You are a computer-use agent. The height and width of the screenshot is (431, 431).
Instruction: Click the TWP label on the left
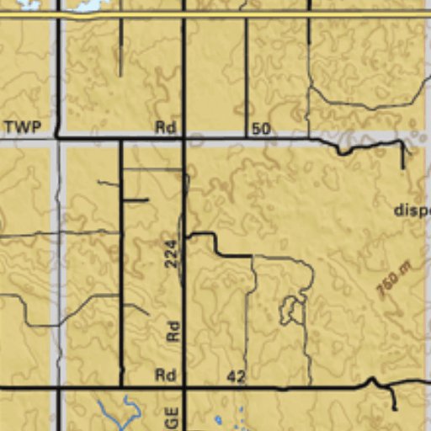tap(22, 128)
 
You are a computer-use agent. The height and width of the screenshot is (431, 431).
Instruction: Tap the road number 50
tap(261, 129)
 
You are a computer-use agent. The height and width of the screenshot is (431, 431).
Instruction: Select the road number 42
tap(236, 377)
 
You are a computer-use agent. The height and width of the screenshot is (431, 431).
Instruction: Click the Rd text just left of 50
tap(165, 128)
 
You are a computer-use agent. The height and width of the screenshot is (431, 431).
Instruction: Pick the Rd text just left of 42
tap(165, 375)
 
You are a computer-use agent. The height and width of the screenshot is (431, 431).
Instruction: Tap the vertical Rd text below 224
tap(173, 330)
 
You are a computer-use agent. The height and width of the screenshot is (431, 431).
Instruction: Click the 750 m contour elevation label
tap(393, 279)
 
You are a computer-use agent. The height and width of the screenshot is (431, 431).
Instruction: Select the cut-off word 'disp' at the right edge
tap(412, 210)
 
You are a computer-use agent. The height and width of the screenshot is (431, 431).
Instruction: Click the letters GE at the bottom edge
tap(173, 418)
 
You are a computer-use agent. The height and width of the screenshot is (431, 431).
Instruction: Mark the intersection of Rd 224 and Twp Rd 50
tap(184, 136)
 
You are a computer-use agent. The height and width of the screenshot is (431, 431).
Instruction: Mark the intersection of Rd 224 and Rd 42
tap(184, 387)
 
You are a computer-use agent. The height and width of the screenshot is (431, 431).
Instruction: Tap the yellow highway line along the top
tap(215, 14)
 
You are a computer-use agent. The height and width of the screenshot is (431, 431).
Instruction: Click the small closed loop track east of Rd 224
tap(291, 310)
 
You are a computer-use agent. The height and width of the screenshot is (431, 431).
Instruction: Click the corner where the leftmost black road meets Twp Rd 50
tap(57, 136)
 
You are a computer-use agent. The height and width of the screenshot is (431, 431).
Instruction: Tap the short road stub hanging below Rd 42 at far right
tap(392, 399)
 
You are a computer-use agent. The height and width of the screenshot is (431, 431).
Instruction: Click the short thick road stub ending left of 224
tap(136, 200)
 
